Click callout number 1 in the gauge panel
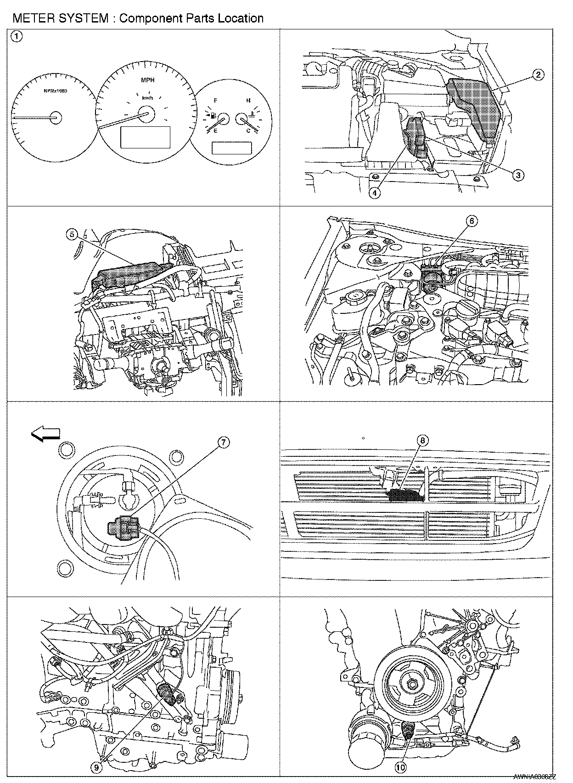(16, 37)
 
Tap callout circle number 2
(539, 74)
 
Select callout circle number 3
(517, 175)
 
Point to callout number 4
(375, 193)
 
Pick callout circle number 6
(472, 221)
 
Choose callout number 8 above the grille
(422, 440)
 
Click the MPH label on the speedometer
(147, 80)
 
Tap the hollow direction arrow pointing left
(45, 433)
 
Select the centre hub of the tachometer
(56, 118)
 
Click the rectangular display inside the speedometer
(145, 137)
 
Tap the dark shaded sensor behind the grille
(406, 495)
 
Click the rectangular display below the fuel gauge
(231, 148)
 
